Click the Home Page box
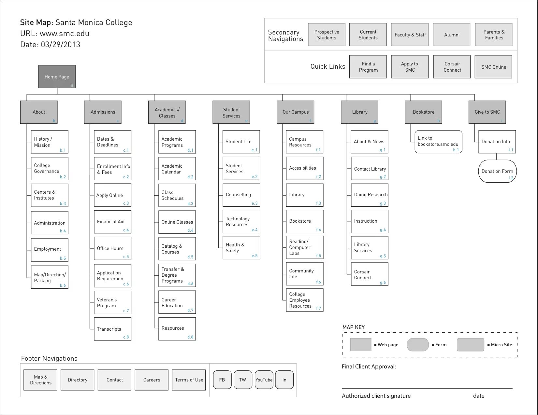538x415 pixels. tap(57, 77)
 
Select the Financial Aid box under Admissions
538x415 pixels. tap(112, 222)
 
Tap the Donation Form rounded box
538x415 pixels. tap(497, 171)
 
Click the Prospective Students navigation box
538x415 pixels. tap(327, 35)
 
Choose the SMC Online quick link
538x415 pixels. tap(493, 67)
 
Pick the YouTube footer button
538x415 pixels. tap(264, 380)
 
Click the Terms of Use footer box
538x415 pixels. tap(189, 380)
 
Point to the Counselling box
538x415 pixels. tap(241, 195)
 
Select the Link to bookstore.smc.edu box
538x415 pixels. tap(438, 142)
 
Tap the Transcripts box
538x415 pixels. tap(112, 329)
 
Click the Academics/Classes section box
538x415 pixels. tap(167, 112)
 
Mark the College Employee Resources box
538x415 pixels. tap(305, 300)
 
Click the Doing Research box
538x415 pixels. tap(370, 195)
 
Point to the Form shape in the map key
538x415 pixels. tap(418, 345)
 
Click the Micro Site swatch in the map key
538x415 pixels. tap(470, 345)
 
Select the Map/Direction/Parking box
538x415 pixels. tap(50, 277)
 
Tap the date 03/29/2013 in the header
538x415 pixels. tap(61, 45)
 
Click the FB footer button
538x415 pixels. tap(222, 380)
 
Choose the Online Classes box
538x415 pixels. tap(177, 222)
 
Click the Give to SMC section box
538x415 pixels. tap(487, 112)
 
